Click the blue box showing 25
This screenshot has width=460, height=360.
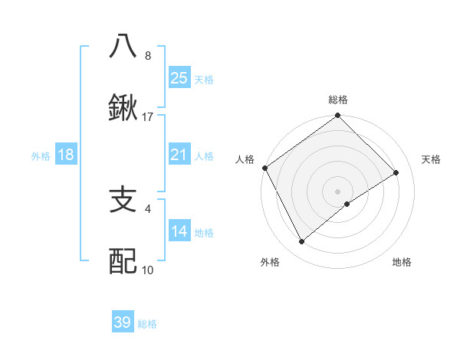[179, 77]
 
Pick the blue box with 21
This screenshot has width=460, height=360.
[179, 155]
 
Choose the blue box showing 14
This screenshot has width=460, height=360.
[179, 231]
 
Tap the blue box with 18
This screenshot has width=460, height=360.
[66, 155]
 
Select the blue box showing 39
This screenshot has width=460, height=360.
[123, 322]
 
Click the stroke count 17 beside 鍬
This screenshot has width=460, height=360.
[148, 117]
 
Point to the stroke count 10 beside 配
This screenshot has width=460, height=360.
[148, 270]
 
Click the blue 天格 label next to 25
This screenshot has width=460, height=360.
[204, 80]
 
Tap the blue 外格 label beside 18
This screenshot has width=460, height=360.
[41, 156]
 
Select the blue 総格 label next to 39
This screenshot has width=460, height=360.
[147, 324]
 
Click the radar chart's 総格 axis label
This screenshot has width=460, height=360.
[337, 100]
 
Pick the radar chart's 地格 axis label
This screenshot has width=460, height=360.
[402, 262]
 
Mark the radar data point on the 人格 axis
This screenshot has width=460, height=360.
[264, 168]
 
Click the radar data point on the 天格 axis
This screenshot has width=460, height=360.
[396, 173]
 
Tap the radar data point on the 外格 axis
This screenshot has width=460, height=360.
[302, 242]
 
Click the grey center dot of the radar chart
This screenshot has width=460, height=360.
[337, 191]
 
